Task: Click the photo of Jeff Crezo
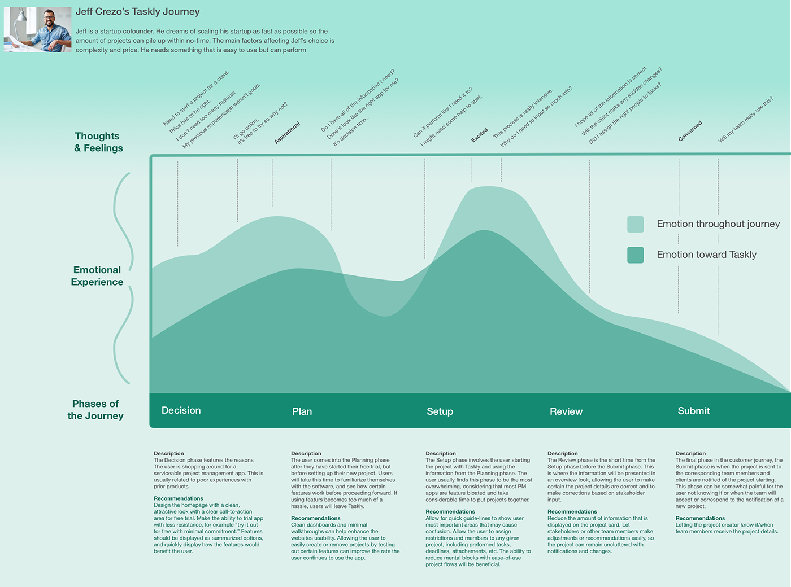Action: [x=37, y=29]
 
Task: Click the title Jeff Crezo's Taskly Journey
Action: [x=137, y=12]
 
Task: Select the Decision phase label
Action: [x=181, y=410]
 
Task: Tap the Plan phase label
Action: [x=302, y=411]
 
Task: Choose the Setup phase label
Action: [x=440, y=411]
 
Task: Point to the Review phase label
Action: [x=566, y=411]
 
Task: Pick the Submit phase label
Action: [x=693, y=411]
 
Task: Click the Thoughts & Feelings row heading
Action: [x=98, y=142]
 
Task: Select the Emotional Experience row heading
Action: [x=97, y=276]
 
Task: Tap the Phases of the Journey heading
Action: [x=95, y=410]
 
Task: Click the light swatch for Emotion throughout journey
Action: [x=636, y=224]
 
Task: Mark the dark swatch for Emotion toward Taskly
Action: [x=636, y=255]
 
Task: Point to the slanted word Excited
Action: [x=480, y=135]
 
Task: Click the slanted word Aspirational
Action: [x=287, y=133]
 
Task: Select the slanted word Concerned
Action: [x=690, y=131]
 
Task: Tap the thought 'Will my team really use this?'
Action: [x=745, y=120]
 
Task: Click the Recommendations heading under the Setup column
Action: [x=450, y=512]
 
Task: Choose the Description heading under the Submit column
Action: [x=690, y=453]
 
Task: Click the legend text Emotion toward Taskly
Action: [x=706, y=255]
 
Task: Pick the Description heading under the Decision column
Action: [x=169, y=453]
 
